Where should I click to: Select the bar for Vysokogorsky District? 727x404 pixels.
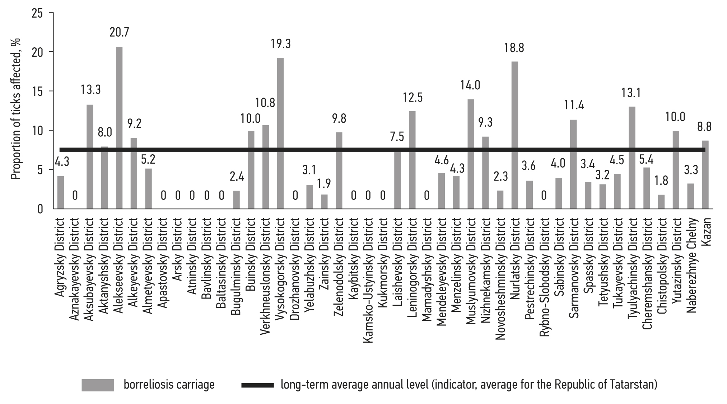(280, 133)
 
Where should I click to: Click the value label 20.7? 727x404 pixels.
(119, 33)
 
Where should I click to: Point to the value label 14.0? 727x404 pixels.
(470, 85)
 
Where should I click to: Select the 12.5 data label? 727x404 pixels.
(413, 97)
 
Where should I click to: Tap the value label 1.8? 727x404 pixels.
(661, 180)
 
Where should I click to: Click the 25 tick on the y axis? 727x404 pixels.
(37, 14)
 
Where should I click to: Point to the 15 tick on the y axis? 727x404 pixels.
(37, 91)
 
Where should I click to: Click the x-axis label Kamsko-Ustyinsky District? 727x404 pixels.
(368, 280)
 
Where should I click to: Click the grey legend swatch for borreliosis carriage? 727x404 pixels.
(98, 385)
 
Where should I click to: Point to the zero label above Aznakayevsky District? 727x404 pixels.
(75, 196)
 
